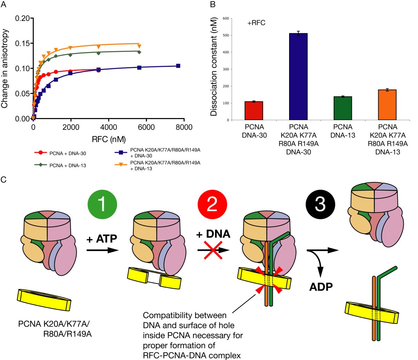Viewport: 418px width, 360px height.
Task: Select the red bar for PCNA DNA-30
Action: [x=254, y=111]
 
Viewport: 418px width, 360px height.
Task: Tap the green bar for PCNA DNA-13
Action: [x=343, y=108]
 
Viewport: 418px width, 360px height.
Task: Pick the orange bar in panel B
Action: [x=387, y=105]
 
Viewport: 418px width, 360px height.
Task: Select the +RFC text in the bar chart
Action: [x=257, y=24]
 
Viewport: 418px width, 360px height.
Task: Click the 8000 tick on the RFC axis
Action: [x=183, y=127]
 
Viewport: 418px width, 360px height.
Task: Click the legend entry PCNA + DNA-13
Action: [x=65, y=165]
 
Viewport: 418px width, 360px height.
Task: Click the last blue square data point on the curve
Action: [x=178, y=66]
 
